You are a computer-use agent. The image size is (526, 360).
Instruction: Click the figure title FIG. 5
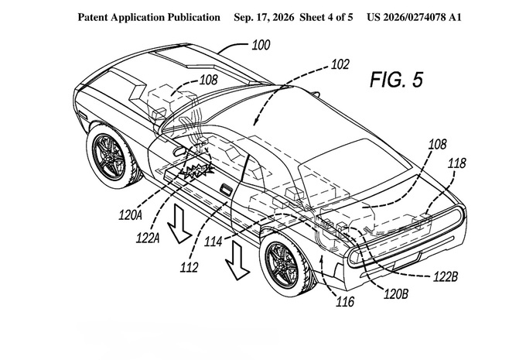[396, 80]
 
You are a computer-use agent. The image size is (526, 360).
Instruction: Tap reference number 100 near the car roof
[261, 45]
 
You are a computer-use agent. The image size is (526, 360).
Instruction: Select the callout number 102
[340, 64]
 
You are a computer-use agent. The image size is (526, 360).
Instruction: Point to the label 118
[457, 163]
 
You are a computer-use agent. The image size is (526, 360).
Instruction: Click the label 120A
[130, 214]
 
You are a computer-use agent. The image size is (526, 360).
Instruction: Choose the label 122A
[148, 238]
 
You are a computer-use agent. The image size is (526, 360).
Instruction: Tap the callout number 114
[213, 241]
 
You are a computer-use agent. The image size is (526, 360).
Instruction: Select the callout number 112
[190, 267]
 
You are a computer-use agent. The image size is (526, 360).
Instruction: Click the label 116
[345, 302]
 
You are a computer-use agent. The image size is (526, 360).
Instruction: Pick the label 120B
[396, 294]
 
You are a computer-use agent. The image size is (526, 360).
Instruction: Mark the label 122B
[446, 276]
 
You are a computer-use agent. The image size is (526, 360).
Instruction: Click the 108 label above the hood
[209, 80]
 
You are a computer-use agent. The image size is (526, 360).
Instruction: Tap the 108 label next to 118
[438, 145]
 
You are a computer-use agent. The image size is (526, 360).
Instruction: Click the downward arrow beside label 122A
[179, 224]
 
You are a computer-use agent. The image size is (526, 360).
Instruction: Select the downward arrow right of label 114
[237, 261]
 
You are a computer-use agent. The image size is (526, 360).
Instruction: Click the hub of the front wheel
[108, 157]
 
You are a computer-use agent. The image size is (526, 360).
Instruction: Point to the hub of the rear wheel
[282, 265]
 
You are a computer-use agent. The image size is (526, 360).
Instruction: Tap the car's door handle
[226, 189]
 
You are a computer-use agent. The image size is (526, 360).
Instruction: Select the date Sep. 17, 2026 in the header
[264, 17]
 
